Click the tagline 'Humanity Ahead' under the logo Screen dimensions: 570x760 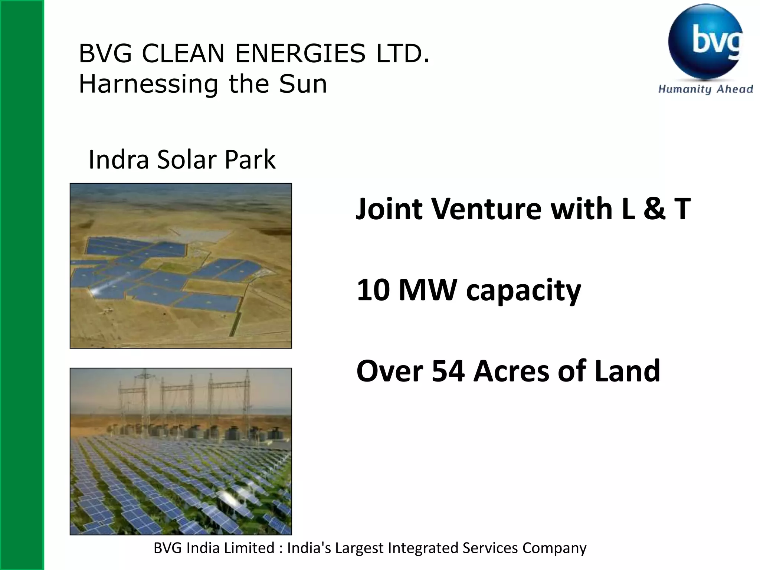click(x=705, y=89)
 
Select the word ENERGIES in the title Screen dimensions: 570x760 click(x=300, y=53)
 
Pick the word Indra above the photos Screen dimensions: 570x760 click(x=118, y=160)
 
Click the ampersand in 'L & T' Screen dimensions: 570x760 click(x=654, y=209)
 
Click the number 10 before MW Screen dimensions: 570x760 click(x=373, y=290)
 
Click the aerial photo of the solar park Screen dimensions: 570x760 click(x=181, y=266)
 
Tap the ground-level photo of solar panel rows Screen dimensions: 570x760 click(x=181, y=451)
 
